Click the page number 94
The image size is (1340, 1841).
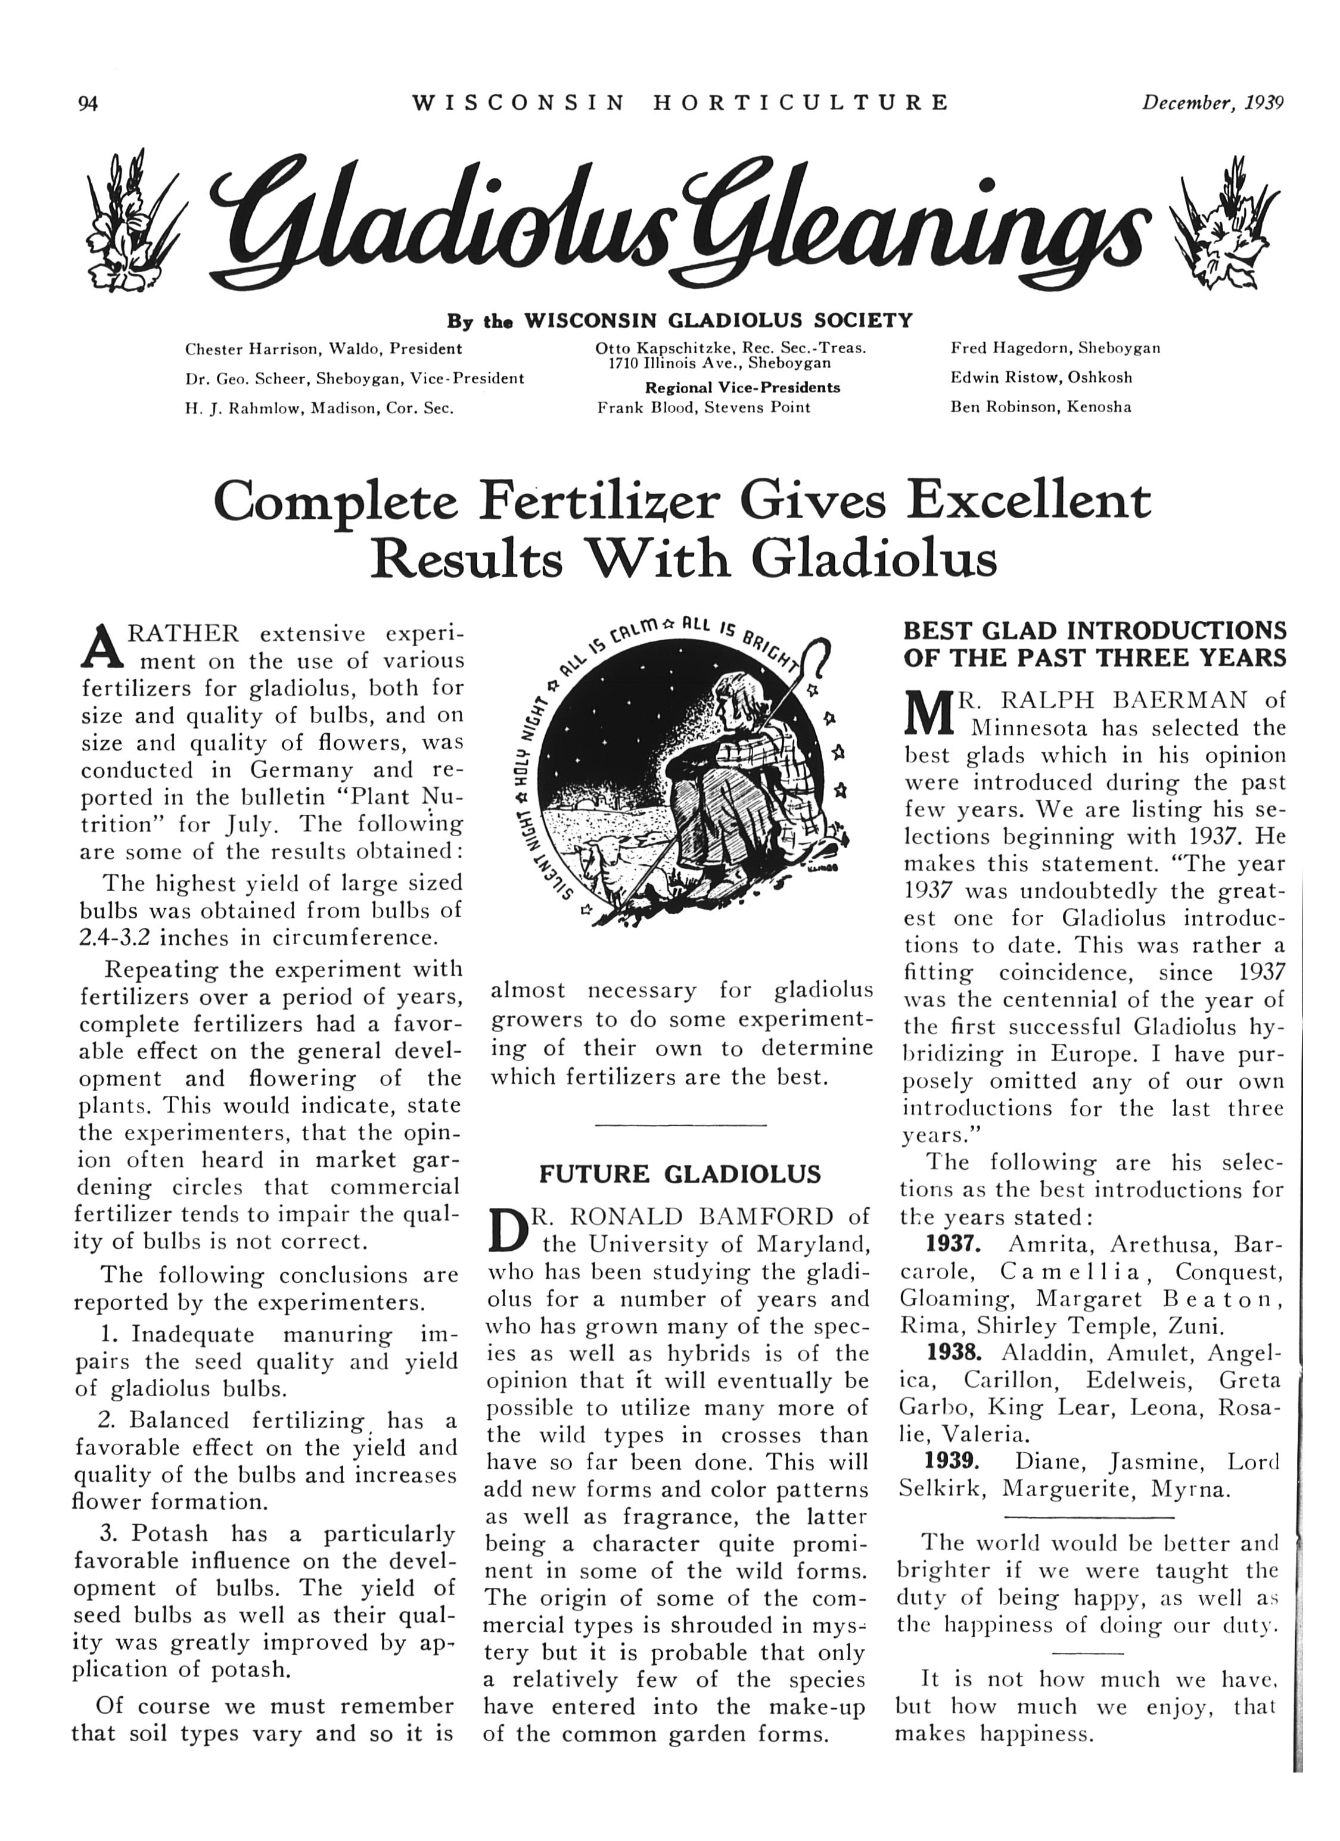(87, 103)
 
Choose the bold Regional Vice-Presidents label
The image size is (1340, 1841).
(742, 387)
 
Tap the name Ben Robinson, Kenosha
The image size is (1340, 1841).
(1040, 407)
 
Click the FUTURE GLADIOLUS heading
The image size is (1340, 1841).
(680, 1174)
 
